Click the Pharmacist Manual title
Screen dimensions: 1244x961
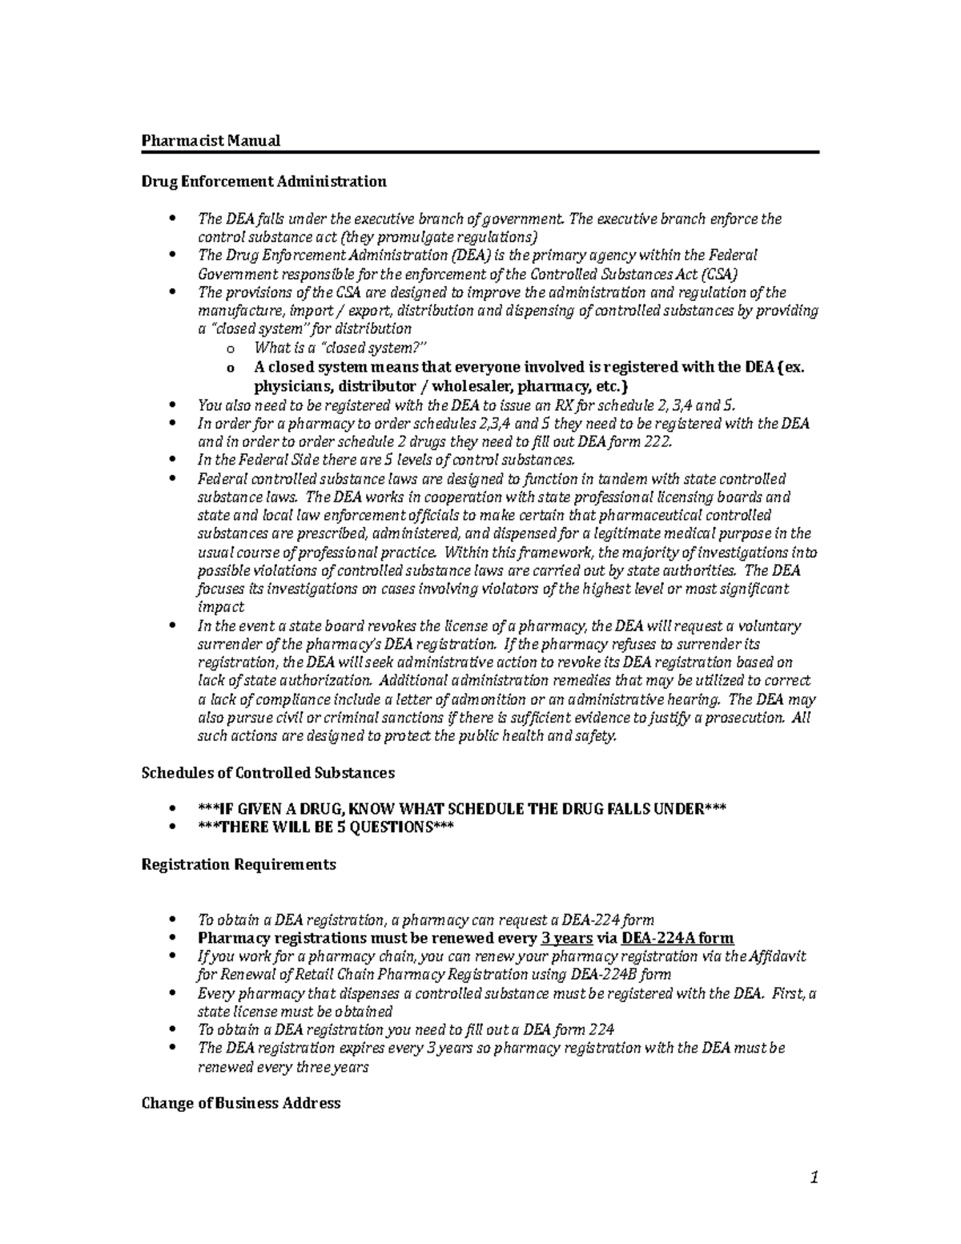(211, 141)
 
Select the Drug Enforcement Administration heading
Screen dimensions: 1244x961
(263, 181)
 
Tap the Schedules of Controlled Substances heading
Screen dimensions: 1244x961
(267, 773)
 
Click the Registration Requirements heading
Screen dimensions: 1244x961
(238, 865)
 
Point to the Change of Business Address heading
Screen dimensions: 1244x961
(240, 1103)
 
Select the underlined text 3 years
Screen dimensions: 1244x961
(567, 939)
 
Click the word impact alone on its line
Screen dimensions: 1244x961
(221, 607)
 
